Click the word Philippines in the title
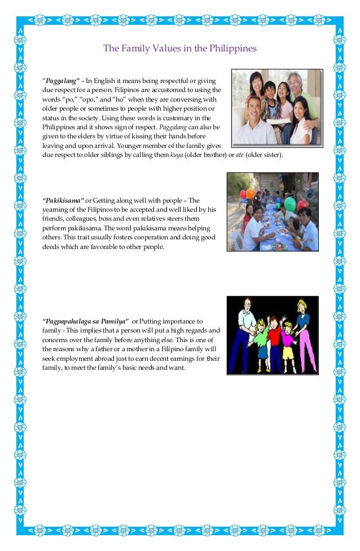231,49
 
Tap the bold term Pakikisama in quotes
63,200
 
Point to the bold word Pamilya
113,321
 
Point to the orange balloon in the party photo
243,195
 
